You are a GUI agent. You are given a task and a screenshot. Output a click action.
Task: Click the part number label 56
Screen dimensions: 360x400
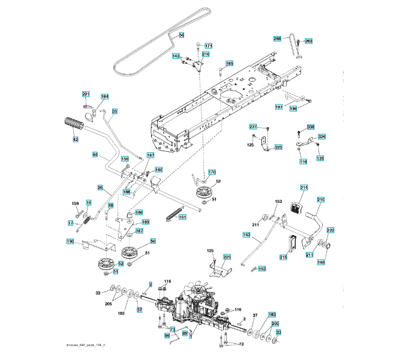[182, 35]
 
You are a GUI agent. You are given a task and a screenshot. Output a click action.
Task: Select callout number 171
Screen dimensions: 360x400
[208, 46]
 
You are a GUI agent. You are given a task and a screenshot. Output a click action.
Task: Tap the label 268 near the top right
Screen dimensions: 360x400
[277, 38]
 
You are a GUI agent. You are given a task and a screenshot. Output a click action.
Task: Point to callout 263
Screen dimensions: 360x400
[309, 41]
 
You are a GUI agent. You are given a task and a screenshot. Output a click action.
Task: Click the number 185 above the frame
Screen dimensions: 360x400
[230, 63]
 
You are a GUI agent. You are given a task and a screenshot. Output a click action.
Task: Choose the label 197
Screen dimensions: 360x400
[279, 107]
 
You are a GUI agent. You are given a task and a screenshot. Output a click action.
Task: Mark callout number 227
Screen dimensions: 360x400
[253, 126]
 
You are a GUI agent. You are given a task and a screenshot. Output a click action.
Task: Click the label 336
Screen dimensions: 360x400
[311, 127]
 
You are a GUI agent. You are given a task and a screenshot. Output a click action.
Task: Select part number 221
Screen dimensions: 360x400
[86, 94]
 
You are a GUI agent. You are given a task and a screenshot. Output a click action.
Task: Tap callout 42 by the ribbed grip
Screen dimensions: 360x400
[76, 139]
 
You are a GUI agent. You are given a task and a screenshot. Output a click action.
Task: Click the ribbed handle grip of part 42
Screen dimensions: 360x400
[72, 127]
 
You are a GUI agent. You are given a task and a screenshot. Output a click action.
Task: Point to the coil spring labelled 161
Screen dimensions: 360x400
[173, 212]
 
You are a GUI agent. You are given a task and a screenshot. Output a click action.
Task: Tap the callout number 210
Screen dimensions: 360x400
[320, 199]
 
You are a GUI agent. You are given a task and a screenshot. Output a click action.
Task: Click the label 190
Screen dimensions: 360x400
[70, 241]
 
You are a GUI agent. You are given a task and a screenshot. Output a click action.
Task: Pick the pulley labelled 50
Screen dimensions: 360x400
[130, 250]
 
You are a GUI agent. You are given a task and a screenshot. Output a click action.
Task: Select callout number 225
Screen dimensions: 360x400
[227, 257]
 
